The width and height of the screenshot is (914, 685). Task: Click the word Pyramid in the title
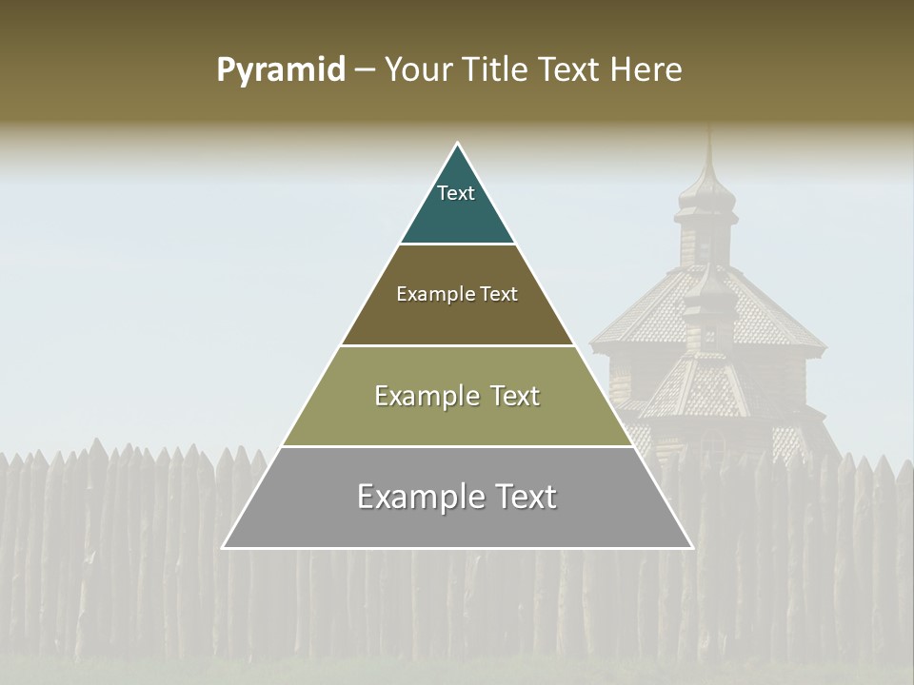(x=281, y=70)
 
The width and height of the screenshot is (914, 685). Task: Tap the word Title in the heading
(x=498, y=70)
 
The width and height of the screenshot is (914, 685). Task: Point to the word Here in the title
(x=646, y=70)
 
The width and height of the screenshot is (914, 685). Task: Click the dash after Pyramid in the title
(x=365, y=70)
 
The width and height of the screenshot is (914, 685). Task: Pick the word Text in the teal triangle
(x=456, y=193)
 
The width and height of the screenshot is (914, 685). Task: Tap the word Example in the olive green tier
(x=419, y=396)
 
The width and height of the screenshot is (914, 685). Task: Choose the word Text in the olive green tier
(x=510, y=396)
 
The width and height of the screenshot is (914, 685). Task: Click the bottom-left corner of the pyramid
(x=224, y=548)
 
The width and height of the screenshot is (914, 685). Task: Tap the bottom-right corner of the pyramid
(x=692, y=548)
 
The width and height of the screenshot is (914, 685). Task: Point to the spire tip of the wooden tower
(x=708, y=128)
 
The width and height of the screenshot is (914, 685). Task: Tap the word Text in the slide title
(x=571, y=70)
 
